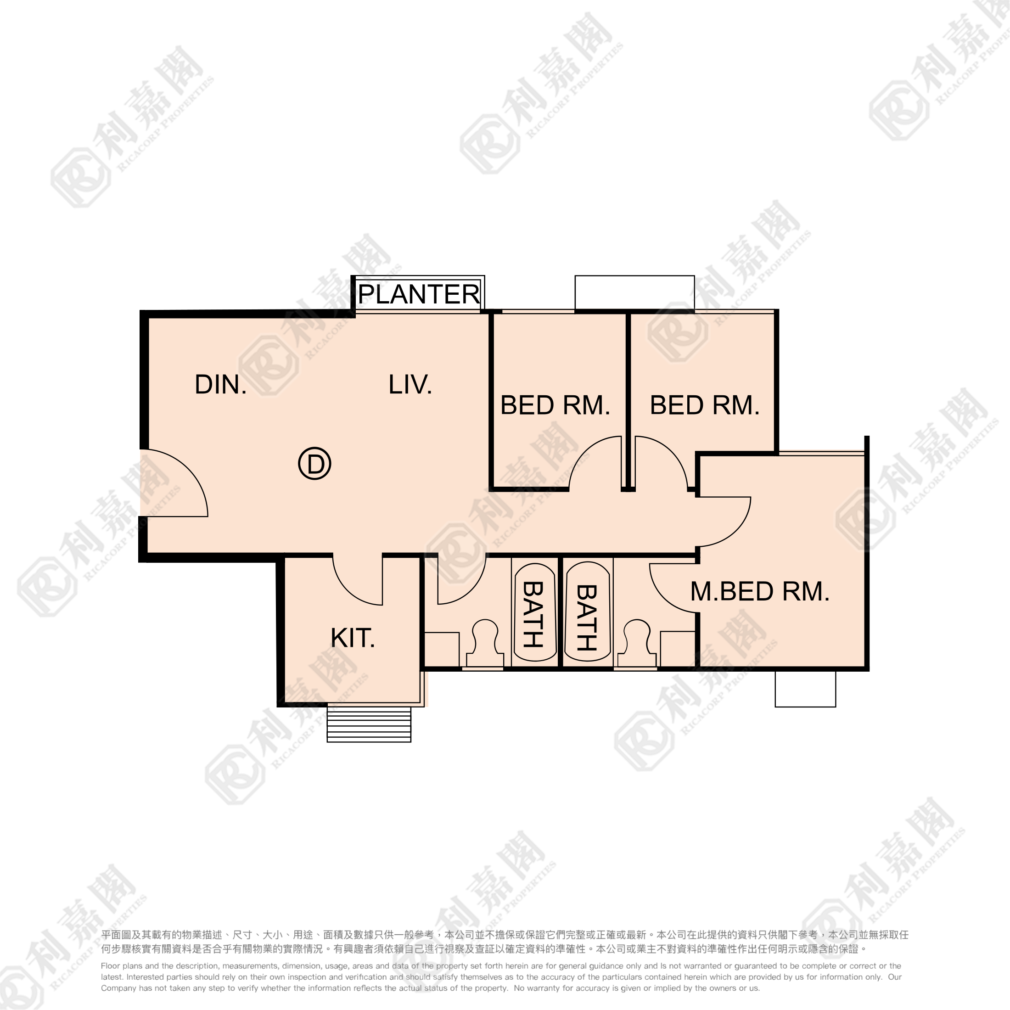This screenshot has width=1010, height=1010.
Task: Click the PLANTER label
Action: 419,294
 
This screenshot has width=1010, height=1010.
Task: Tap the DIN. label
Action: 221,385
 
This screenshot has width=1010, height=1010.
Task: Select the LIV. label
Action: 410,385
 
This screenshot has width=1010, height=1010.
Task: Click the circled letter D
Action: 315,464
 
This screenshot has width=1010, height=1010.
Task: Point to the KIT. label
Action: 353,638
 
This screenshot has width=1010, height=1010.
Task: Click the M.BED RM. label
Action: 760,592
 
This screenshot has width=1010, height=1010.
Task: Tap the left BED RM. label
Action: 555,405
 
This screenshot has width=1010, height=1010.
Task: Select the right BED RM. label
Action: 705,405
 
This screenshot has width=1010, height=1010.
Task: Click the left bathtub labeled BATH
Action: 535,612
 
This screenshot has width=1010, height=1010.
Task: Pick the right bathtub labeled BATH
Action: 588,612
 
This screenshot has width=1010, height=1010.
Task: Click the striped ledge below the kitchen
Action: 369,724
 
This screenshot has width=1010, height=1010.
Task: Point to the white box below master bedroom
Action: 805,689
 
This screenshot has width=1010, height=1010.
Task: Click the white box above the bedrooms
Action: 634,293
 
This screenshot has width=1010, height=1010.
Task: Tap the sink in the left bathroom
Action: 442,649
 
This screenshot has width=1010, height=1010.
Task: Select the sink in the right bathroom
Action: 678,649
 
